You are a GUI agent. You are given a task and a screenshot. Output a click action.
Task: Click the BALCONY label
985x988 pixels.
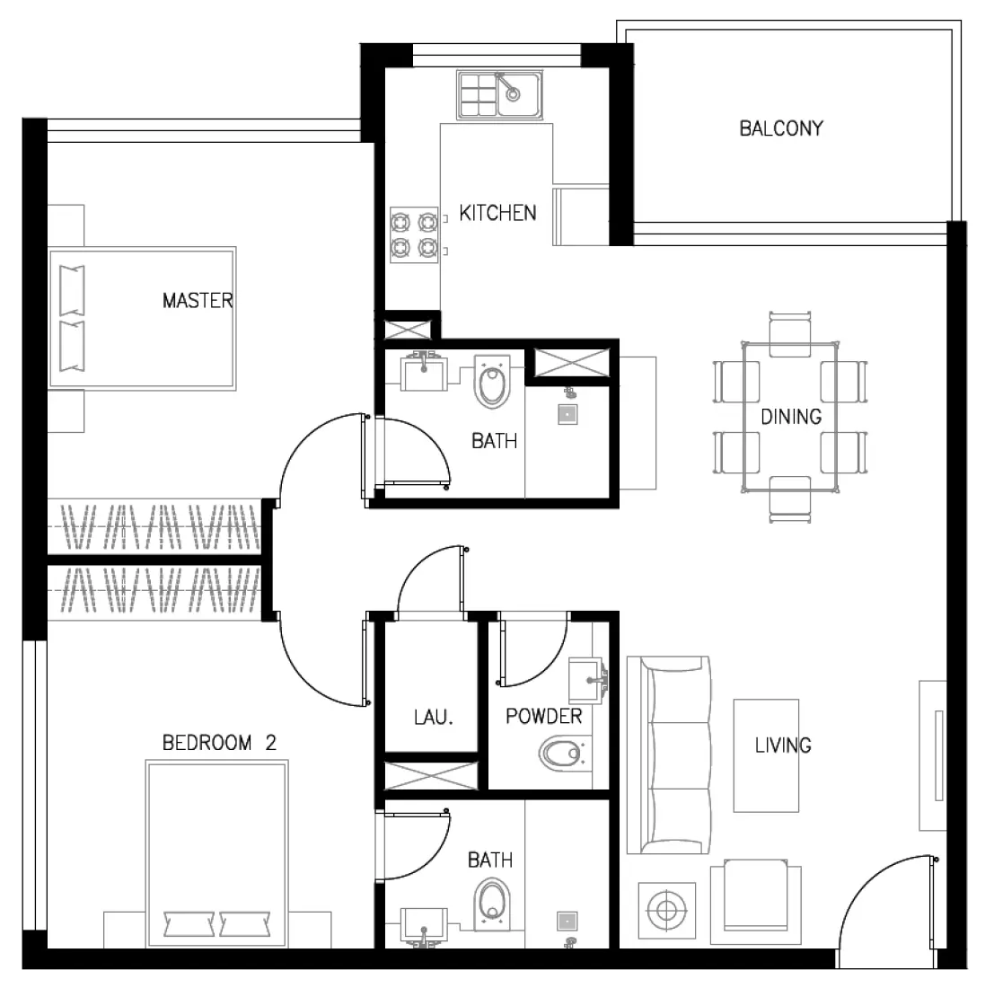coord(780,128)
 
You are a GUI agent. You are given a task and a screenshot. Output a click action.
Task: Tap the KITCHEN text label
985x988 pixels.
coord(497,213)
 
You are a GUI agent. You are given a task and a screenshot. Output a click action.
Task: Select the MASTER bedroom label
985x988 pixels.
coord(198,300)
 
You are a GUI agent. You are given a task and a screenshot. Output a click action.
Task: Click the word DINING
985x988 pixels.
coord(791,417)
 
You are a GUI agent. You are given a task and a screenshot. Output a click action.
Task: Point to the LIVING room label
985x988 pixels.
coord(783,745)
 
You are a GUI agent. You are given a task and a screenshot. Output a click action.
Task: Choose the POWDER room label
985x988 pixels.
coord(543,716)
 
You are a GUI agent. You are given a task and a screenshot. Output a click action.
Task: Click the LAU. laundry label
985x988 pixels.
coord(434,718)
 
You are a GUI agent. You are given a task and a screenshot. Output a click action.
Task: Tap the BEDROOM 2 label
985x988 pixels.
coord(219,743)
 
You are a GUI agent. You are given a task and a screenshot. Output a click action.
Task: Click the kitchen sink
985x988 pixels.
coord(498,95)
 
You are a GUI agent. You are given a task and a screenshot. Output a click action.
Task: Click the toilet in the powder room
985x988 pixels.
coord(562,752)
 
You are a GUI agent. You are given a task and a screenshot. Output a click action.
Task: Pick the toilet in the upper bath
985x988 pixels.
coord(491,384)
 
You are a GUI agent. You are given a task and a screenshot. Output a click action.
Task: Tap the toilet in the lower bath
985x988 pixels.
coord(491,901)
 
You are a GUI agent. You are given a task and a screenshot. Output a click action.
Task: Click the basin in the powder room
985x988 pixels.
coord(587,678)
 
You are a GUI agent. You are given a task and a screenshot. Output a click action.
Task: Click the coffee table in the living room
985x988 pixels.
coord(766,754)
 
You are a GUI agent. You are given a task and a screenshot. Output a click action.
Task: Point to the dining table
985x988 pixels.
coord(790,417)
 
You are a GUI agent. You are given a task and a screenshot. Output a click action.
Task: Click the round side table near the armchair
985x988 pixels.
coord(666,912)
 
